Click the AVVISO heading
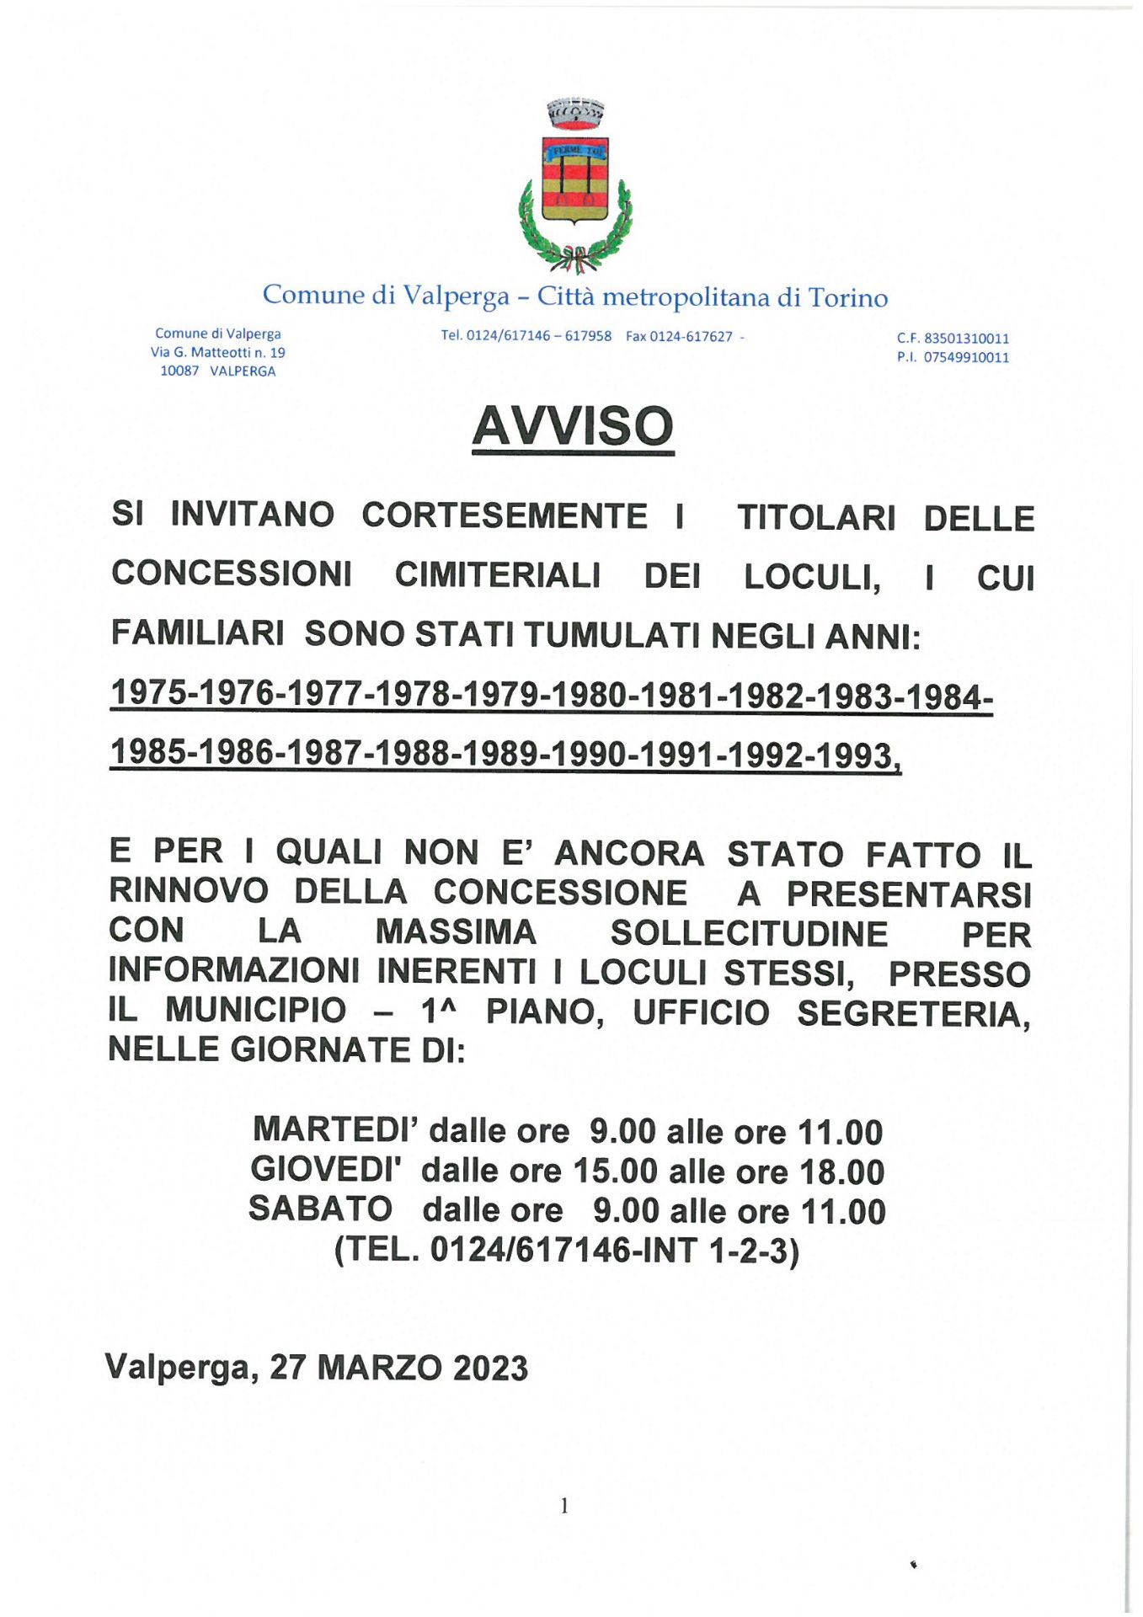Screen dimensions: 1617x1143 pyautogui.click(x=573, y=426)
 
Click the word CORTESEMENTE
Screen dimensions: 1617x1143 pyautogui.click(x=505, y=516)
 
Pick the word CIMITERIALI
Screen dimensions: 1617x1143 pyautogui.click(x=498, y=575)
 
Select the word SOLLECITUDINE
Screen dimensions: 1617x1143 pyautogui.click(x=749, y=933)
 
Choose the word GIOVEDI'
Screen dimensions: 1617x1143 pyautogui.click(x=326, y=1170)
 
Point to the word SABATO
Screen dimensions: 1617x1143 pyautogui.click(x=320, y=1209)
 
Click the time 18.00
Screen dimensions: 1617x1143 pyautogui.click(x=842, y=1172)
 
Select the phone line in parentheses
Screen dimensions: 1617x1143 pyautogui.click(x=567, y=1250)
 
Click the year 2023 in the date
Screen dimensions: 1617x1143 pyautogui.click(x=490, y=1369)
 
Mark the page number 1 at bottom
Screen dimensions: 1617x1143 pyautogui.click(x=564, y=1505)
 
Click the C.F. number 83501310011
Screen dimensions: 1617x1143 pyautogui.click(x=966, y=339)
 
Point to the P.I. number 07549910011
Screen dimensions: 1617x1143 pyautogui.click(x=966, y=357)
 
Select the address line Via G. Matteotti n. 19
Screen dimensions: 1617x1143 pyautogui.click(x=218, y=352)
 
